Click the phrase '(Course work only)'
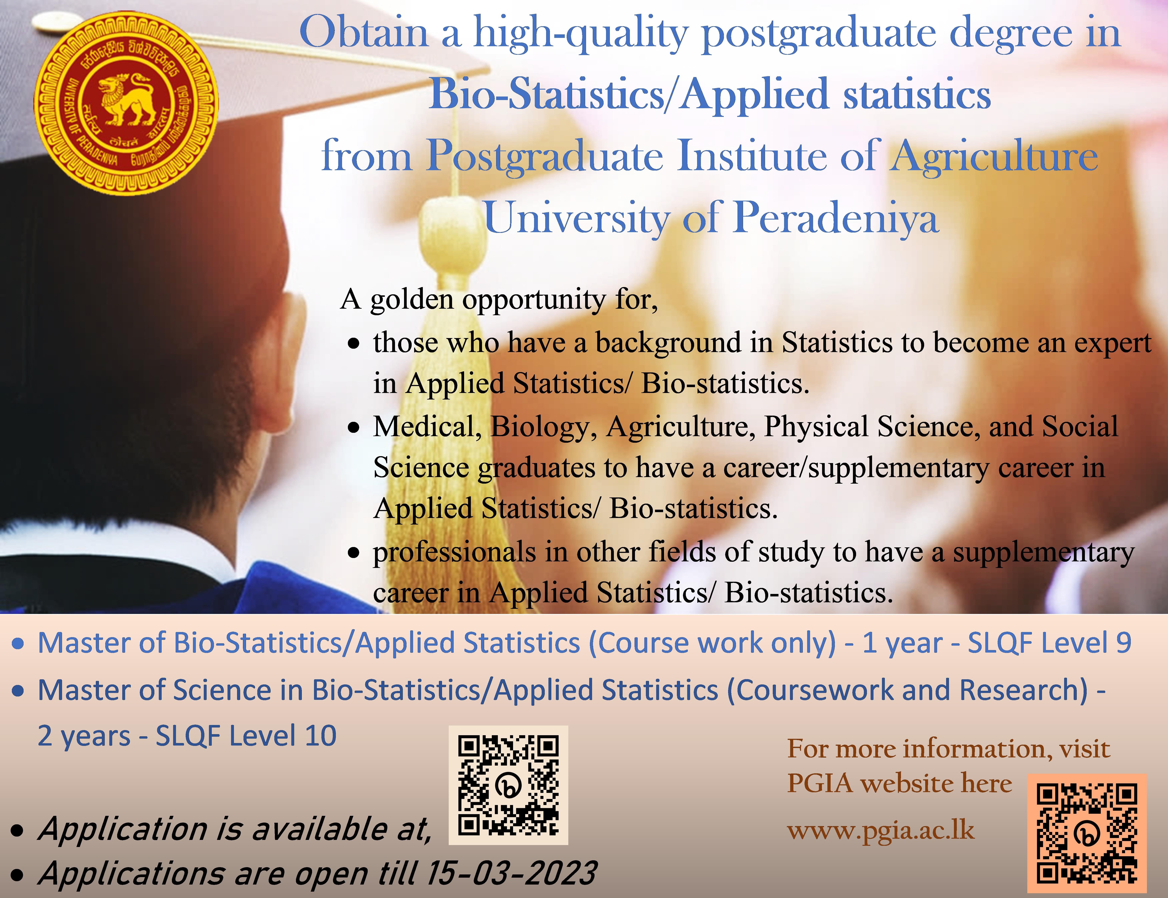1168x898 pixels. click(x=712, y=643)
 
